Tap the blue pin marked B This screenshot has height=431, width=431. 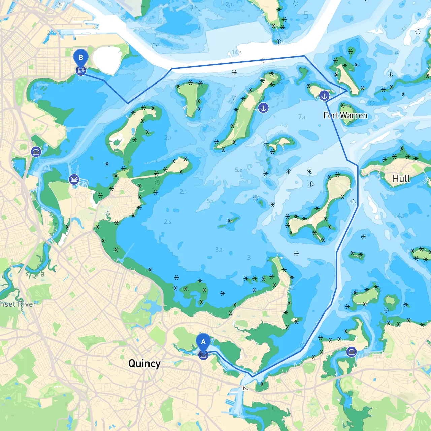click(81, 58)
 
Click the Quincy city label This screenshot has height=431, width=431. click(144, 364)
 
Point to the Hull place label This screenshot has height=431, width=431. click(401, 178)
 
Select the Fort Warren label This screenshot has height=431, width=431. click(345, 115)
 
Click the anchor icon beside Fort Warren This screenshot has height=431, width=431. click(324, 96)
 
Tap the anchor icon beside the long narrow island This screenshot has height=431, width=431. click(263, 108)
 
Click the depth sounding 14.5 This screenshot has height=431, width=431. click(236, 52)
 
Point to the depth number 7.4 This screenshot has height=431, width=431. click(302, 117)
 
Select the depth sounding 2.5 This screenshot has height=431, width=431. click(183, 192)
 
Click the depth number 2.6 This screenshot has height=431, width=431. click(167, 222)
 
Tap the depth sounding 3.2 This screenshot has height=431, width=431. click(219, 250)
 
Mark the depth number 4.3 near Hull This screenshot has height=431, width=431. click(400, 215)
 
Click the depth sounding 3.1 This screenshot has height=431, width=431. click(193, 7)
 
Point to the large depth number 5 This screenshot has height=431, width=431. click(306, 15)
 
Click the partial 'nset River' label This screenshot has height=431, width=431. click(18, 304)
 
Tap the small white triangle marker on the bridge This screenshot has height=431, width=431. click(245, 388)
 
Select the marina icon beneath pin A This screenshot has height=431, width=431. click(203, 355)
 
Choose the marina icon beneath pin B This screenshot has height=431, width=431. click(81, 71)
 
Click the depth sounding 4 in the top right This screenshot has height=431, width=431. click(351, 19)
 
